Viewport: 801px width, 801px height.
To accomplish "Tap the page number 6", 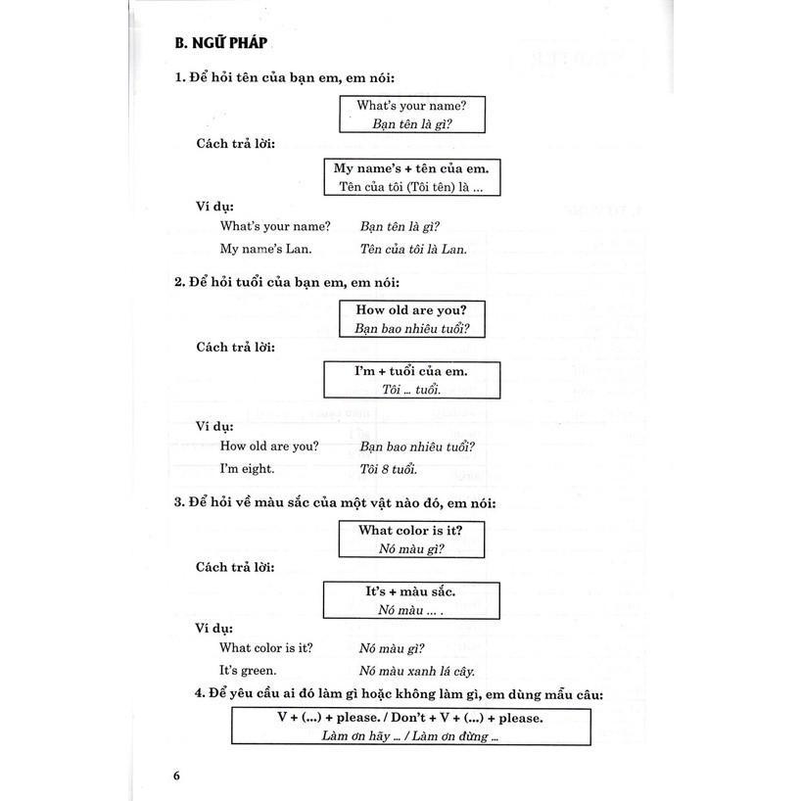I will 177,776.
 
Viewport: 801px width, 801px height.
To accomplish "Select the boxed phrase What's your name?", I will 410,105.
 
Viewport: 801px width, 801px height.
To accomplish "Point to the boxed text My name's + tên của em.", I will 411,168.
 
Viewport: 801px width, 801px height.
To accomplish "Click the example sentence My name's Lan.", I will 259,249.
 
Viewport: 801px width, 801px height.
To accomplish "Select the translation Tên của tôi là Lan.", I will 413,249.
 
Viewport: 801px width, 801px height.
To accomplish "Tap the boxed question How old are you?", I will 410,309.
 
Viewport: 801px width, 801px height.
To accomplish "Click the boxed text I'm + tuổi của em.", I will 410,371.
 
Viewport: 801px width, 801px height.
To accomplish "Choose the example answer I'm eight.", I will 247,469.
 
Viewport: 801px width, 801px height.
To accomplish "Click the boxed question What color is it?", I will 410,530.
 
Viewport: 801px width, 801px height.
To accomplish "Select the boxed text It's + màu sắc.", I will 410,591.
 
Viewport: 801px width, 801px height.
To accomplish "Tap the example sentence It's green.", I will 248,671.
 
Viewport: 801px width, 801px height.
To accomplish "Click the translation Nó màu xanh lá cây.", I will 417,671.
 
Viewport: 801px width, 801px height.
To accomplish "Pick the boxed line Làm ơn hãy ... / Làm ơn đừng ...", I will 411,736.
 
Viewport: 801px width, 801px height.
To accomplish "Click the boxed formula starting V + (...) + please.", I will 411,718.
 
